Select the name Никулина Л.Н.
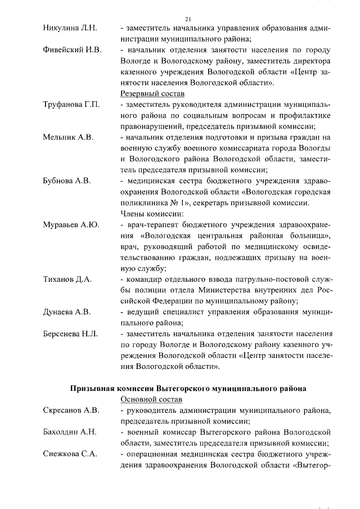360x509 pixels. tap(70, 28)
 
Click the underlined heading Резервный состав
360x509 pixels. tap(152, 94)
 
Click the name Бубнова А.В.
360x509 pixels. tap(67, 181)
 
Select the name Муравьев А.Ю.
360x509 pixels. tap(71, 225)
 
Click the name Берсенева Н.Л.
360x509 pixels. tap(70, 334)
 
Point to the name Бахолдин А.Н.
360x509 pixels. tap(70, 432)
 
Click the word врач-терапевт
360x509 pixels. tap(150, 225)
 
